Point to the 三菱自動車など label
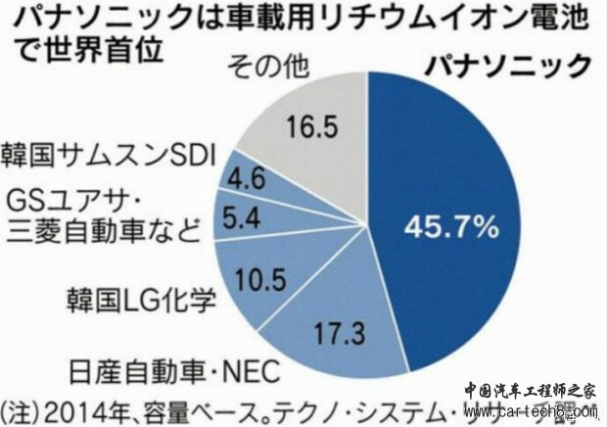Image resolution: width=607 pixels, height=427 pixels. [103, 231]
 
